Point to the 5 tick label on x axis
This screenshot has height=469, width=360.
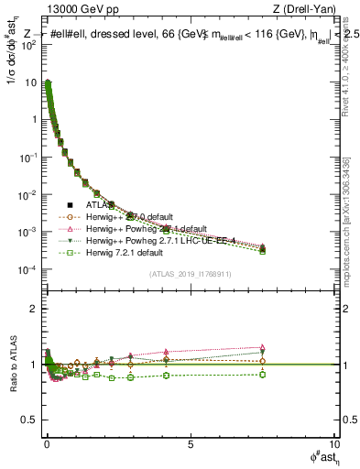(190, 444)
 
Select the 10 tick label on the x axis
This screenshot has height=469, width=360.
(333, 444)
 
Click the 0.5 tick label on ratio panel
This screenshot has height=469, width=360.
(33, 420)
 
